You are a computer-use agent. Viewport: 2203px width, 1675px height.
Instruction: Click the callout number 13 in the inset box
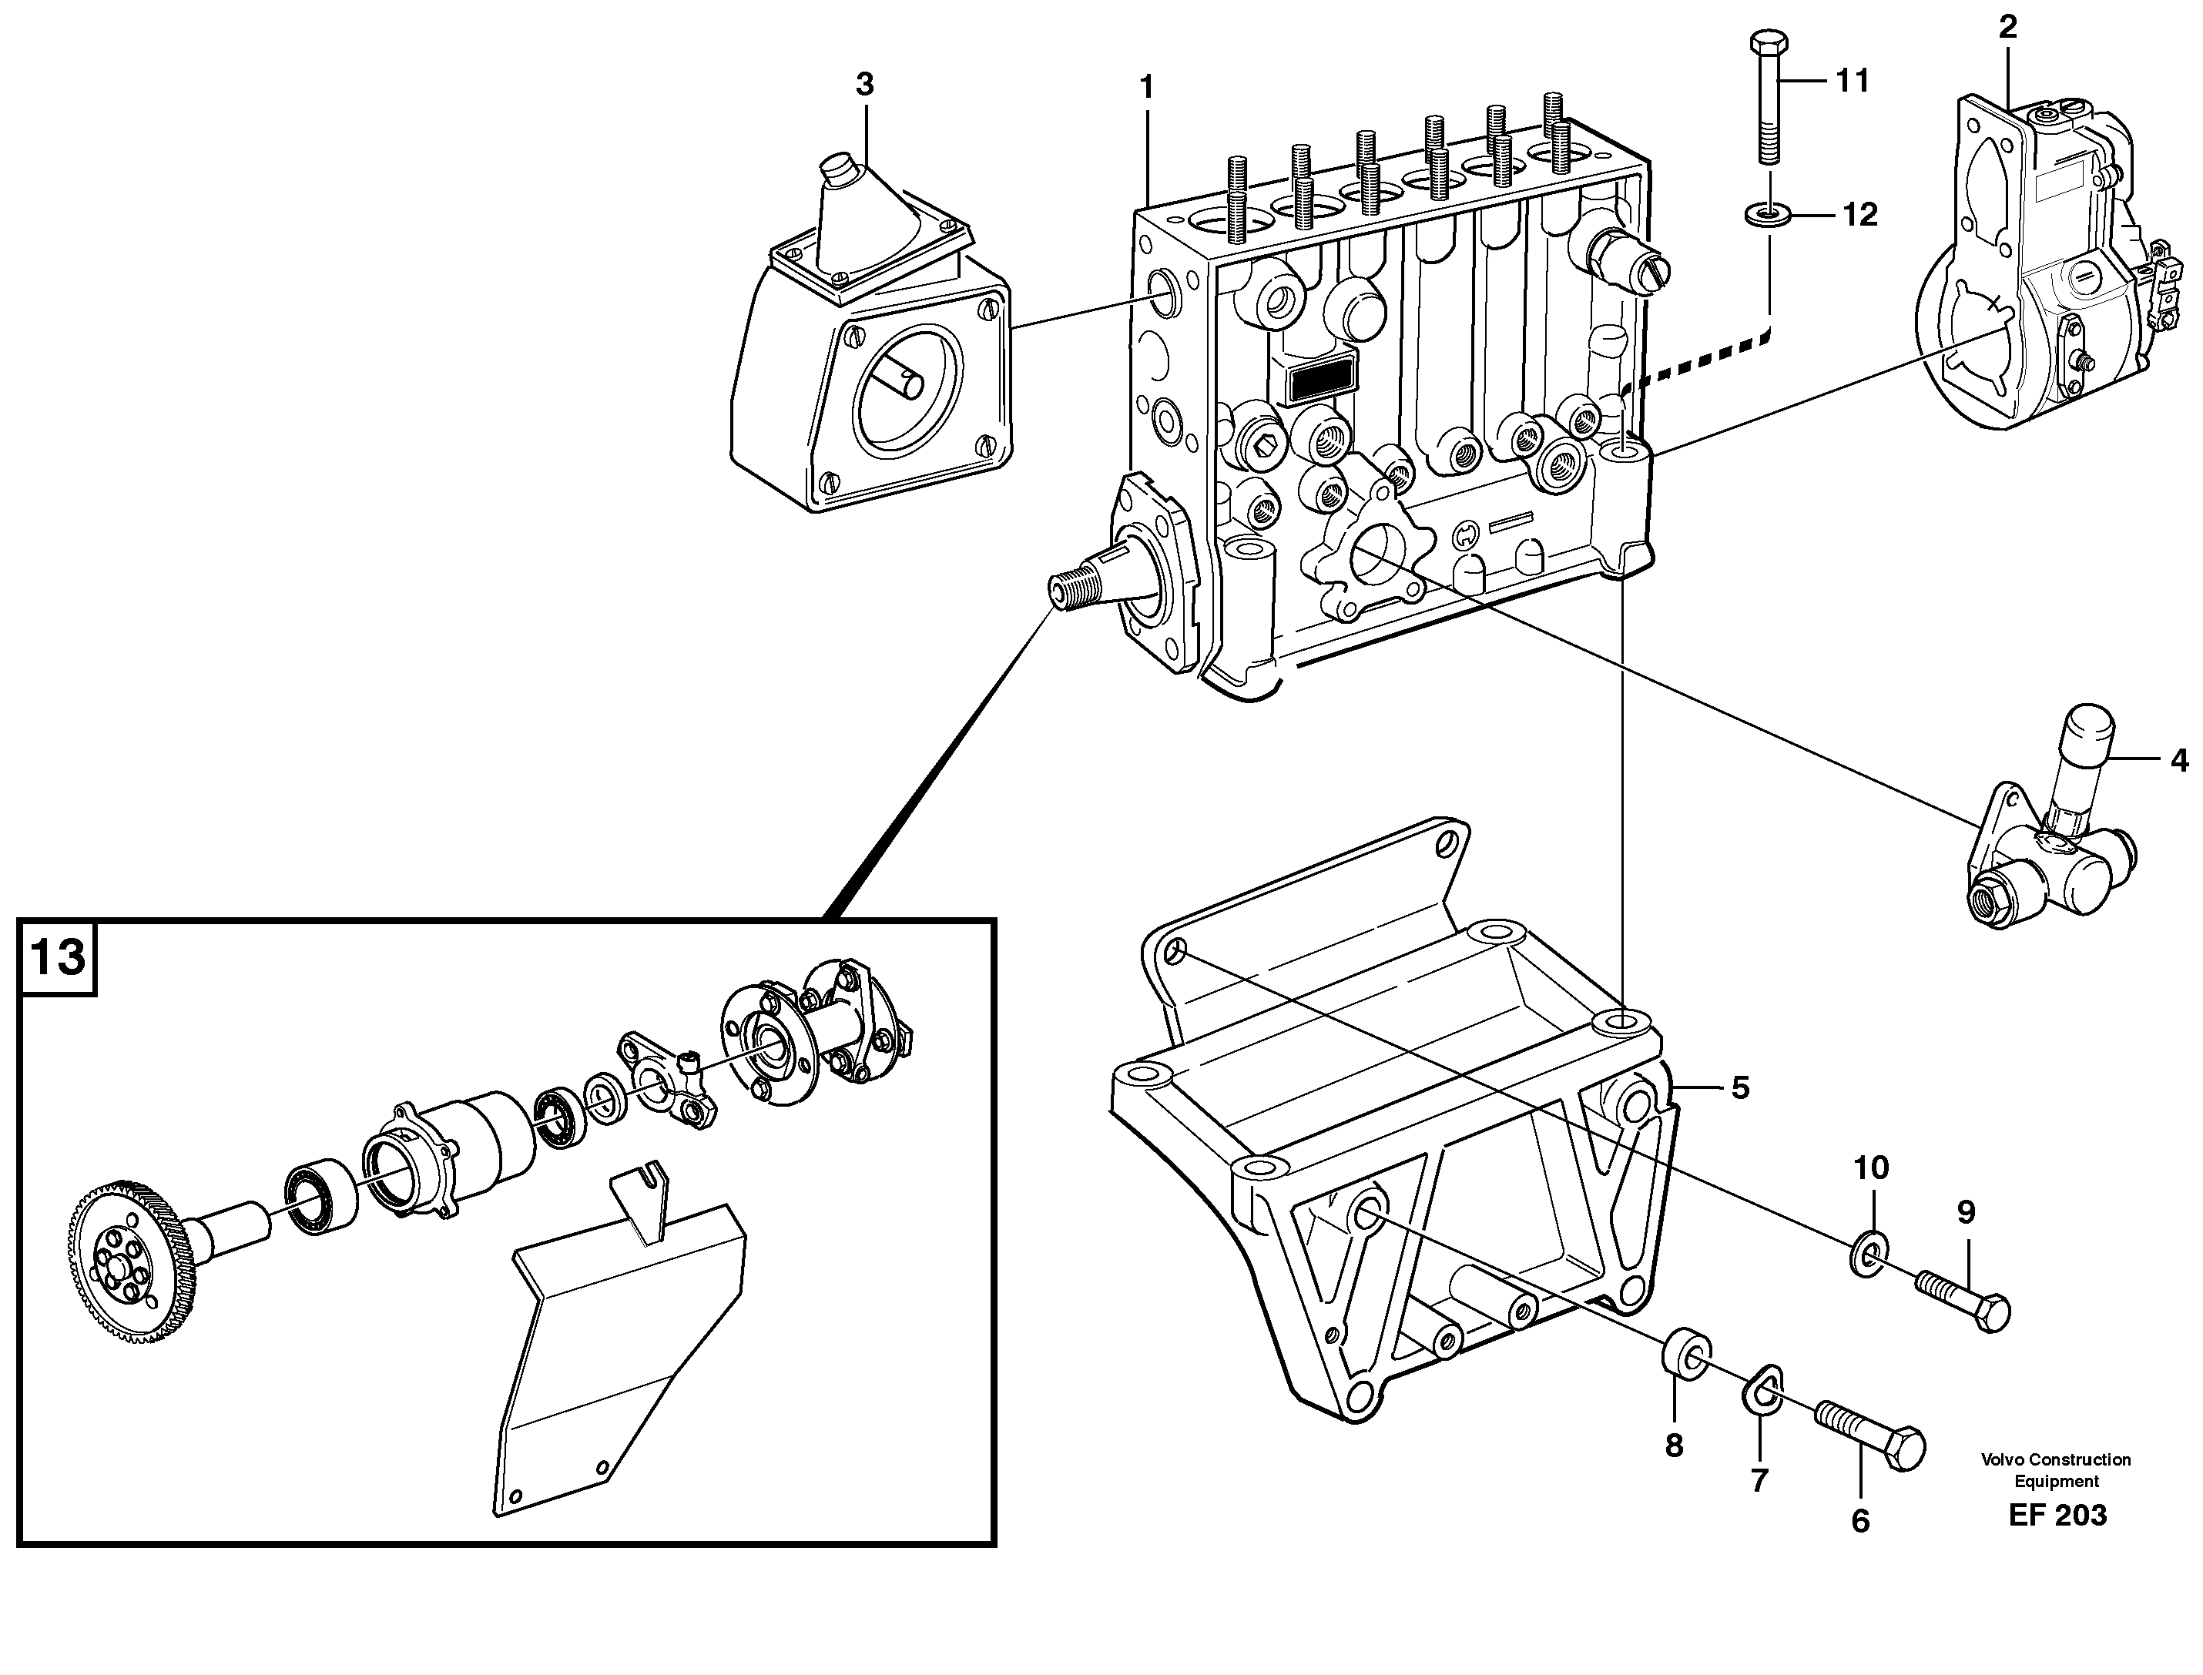[x=58, y=958]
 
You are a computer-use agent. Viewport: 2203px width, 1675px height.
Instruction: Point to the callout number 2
[x=2007, y=28]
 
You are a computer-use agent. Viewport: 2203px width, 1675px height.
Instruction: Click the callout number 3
[x=865, y=85]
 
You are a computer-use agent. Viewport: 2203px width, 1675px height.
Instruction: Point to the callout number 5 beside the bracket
[x=1740, y=1087]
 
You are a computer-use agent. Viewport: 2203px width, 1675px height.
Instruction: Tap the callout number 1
[x=1147, y=88]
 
